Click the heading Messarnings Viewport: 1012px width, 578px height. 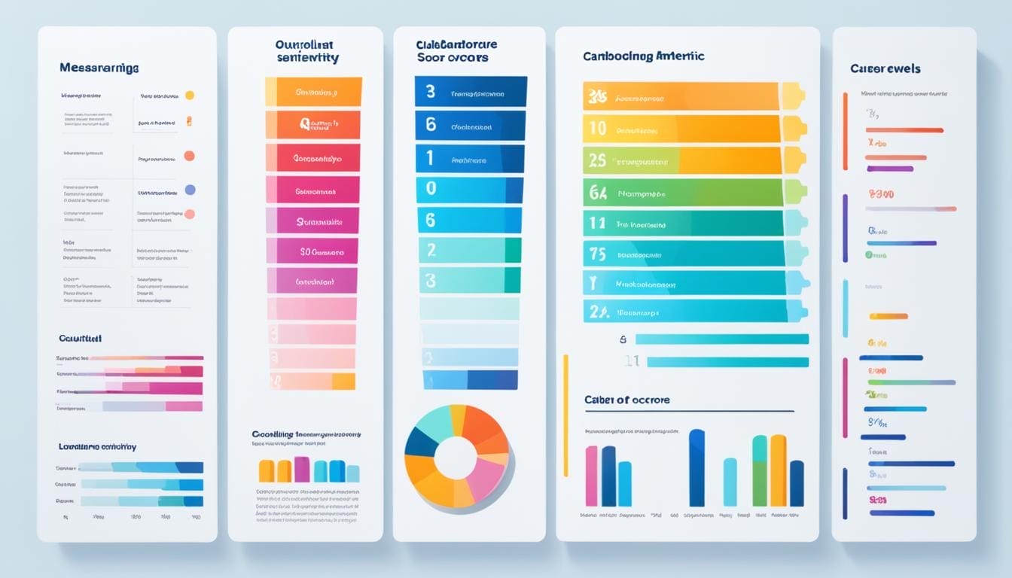click(x=99, y=68)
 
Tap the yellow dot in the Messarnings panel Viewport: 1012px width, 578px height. click(x=190, y=96)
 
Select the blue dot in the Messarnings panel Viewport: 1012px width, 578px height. click(x=190, y=190)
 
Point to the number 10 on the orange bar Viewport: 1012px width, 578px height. click(x=597, y=129)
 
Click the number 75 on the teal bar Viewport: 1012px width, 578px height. click(x=597, y=254)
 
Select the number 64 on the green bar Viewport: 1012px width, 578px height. click(x=597, y=193)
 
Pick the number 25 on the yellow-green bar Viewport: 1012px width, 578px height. click(x=597, y=160)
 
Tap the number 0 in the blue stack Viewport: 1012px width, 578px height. click(x=431, y=188)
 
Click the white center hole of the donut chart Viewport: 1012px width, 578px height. click(x=456, y=458)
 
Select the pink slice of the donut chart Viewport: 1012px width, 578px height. click(x=487, y=478)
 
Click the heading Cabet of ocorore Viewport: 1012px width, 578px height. click(x=626, y=400)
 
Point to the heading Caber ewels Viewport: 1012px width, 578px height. click(x=885, y=68)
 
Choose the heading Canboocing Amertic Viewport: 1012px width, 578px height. click(x=643, y=56)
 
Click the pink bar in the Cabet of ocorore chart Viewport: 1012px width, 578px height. click(x=591, y=476)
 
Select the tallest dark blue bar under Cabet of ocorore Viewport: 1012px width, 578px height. click(x=697, y=467)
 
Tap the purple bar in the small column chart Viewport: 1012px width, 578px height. click(x=301, y=469)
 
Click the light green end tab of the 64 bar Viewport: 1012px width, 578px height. click(x=795, y=193)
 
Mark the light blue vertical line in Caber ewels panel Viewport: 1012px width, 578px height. click(x=845, y=308)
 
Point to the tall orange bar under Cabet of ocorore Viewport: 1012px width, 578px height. click(x=778, y=470)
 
